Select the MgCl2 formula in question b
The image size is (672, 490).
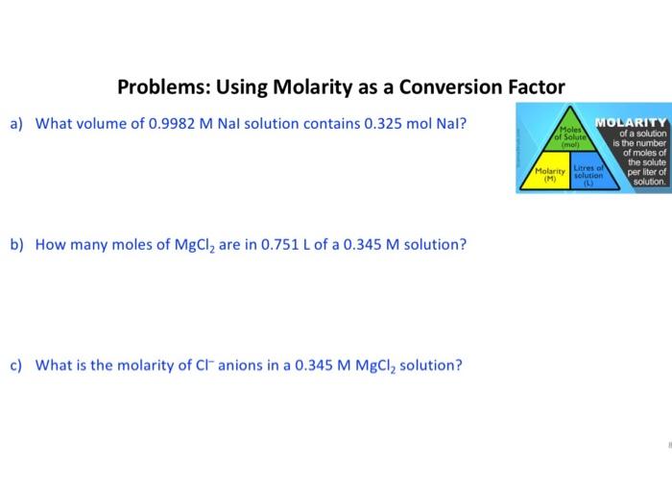(199, 245)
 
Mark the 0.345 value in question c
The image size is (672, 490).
(306, 365)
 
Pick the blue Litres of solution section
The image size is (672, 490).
(588, 174)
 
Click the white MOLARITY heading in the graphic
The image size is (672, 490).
(630, 122)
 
